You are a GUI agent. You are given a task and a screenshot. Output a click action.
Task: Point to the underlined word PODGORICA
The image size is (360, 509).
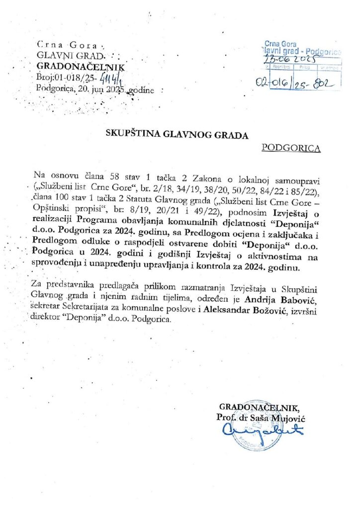pos(291,148)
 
